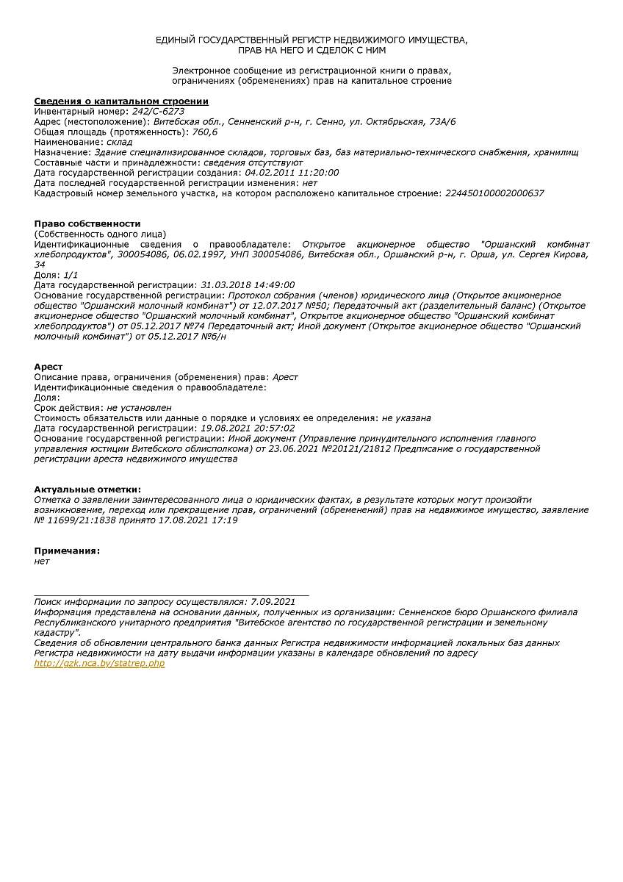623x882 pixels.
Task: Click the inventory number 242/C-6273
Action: point(158,111)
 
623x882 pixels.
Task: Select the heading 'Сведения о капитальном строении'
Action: point(121,101)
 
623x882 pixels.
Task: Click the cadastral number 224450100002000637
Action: point(494,193)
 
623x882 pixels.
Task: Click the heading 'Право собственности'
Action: point(87,223)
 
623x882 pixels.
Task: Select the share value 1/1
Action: point(71,274)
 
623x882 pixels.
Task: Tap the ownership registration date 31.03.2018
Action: point(224,284)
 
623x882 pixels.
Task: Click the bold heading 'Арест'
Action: point(48,367)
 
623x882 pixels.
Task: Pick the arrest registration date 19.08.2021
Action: point(224,428)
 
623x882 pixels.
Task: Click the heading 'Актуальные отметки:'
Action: point(87,489)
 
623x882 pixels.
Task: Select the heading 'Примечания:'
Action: point(67,551)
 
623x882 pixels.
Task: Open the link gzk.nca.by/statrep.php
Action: point(99,663)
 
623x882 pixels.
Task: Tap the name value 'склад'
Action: point(119,142)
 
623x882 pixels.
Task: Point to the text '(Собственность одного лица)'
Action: point(101,234)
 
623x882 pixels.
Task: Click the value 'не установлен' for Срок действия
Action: point(139,407)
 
